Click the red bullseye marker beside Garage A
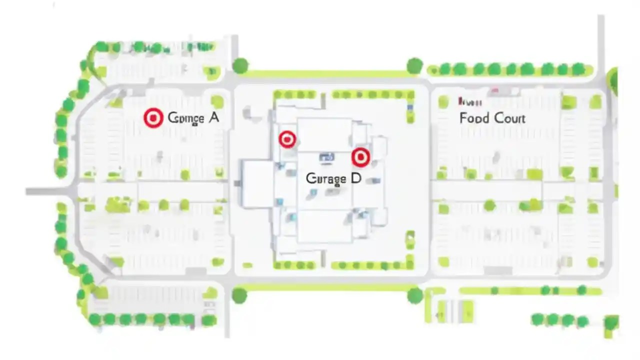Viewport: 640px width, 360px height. pos(153,118)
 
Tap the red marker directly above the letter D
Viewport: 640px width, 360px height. pos(360,157)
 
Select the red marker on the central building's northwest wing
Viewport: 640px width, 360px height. pos(287,139)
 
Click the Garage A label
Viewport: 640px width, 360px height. pos(193,118)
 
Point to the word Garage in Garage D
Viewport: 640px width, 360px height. pos(325,179)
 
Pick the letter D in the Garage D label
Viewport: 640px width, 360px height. pos(356,178)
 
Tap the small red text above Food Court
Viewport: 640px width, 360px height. pos(470,102)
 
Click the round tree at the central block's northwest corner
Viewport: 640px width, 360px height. pos(240,65)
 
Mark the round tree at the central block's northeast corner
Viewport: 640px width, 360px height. pos(414,65)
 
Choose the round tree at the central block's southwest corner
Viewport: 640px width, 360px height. pos(239,295)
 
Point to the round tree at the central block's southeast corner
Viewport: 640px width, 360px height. pos(414,295)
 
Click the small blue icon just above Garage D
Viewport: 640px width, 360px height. pos(326,158)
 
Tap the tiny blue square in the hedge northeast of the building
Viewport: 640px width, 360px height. pos(410,107)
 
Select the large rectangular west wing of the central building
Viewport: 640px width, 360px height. pos(256,183)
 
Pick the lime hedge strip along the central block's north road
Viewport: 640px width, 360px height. pos(327,74)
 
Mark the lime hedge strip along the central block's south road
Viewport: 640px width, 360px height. pos(327,287)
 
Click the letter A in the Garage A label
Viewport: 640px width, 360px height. pos(213,118)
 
